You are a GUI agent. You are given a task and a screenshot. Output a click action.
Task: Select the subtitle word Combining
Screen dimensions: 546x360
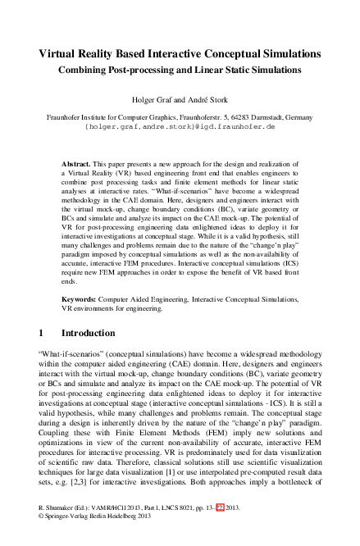coord(87,71)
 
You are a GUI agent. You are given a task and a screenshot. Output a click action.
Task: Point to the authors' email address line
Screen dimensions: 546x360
coord(180,129)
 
